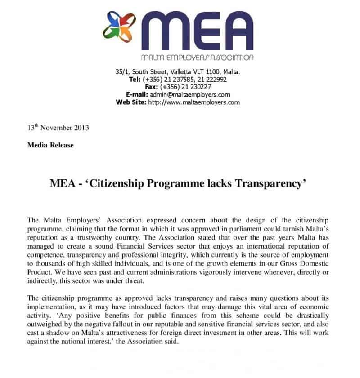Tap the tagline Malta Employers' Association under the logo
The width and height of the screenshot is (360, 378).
197,58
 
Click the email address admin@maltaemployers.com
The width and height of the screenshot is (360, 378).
192,95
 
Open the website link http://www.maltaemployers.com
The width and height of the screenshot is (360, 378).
194,102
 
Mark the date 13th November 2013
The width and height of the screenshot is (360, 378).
58,128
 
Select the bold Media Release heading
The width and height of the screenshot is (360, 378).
50,145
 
